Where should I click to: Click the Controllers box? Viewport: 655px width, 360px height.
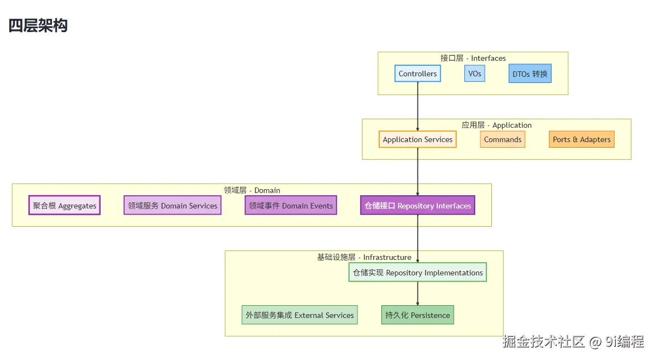[x=417, y=74]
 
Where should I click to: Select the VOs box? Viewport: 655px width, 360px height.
[x=475, y=74]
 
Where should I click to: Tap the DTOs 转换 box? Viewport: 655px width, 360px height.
[x=530, y=74]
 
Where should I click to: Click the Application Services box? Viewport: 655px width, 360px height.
[x=417, y=139]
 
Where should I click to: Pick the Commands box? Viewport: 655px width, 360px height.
[x=502, y=139]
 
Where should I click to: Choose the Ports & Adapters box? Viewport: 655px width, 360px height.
[x=581, y=139]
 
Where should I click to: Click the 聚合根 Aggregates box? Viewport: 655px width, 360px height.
[x=64, y=205]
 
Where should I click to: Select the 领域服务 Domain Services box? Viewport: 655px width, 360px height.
[x=172, y=205]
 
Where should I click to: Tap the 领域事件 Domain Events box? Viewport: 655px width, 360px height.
[x=291, y=205]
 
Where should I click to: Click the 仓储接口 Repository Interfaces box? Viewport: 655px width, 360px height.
[x=418, y=205]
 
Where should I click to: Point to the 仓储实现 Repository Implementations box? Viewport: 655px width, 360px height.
[x=418, y=272]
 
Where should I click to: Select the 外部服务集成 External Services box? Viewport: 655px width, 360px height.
[x=300, y=315]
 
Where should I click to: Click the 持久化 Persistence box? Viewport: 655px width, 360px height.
[x=418, y=315]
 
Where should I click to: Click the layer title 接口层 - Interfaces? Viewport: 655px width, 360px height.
[x=473, y=58]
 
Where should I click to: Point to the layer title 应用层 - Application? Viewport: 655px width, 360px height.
[x=497, y=125]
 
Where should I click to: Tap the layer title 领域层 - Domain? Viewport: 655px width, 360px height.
[x=252, y=190]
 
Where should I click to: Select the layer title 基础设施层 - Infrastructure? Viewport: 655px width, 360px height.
[x=364, y=257]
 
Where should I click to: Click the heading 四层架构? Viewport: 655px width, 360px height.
[x=38, y=25]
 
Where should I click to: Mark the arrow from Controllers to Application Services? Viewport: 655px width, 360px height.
[x=418, y=106]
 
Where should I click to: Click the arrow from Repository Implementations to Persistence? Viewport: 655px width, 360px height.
[x=418, y=294]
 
